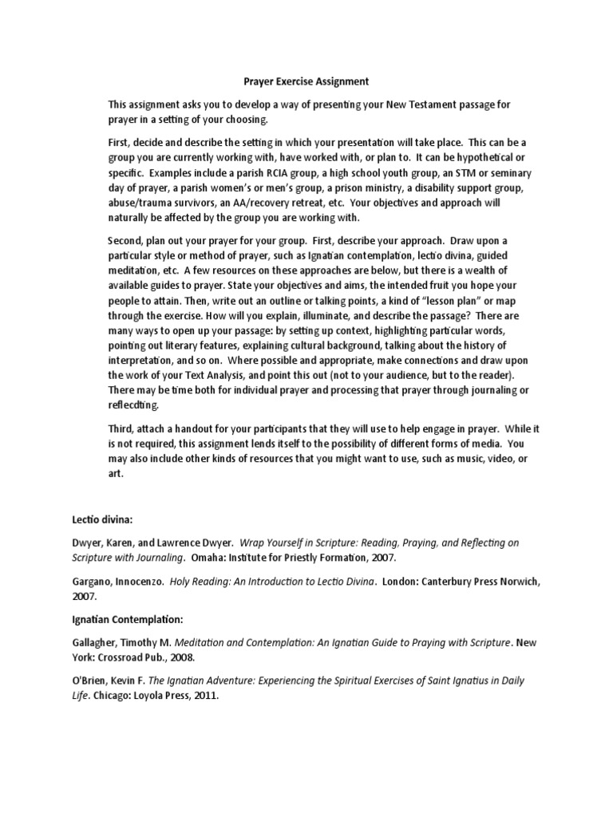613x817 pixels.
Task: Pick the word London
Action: coord(405,581)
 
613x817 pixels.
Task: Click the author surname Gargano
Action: coord(91,581)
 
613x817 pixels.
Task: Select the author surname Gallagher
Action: coord(96,642)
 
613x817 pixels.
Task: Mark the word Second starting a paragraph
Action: coord(126,241)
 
